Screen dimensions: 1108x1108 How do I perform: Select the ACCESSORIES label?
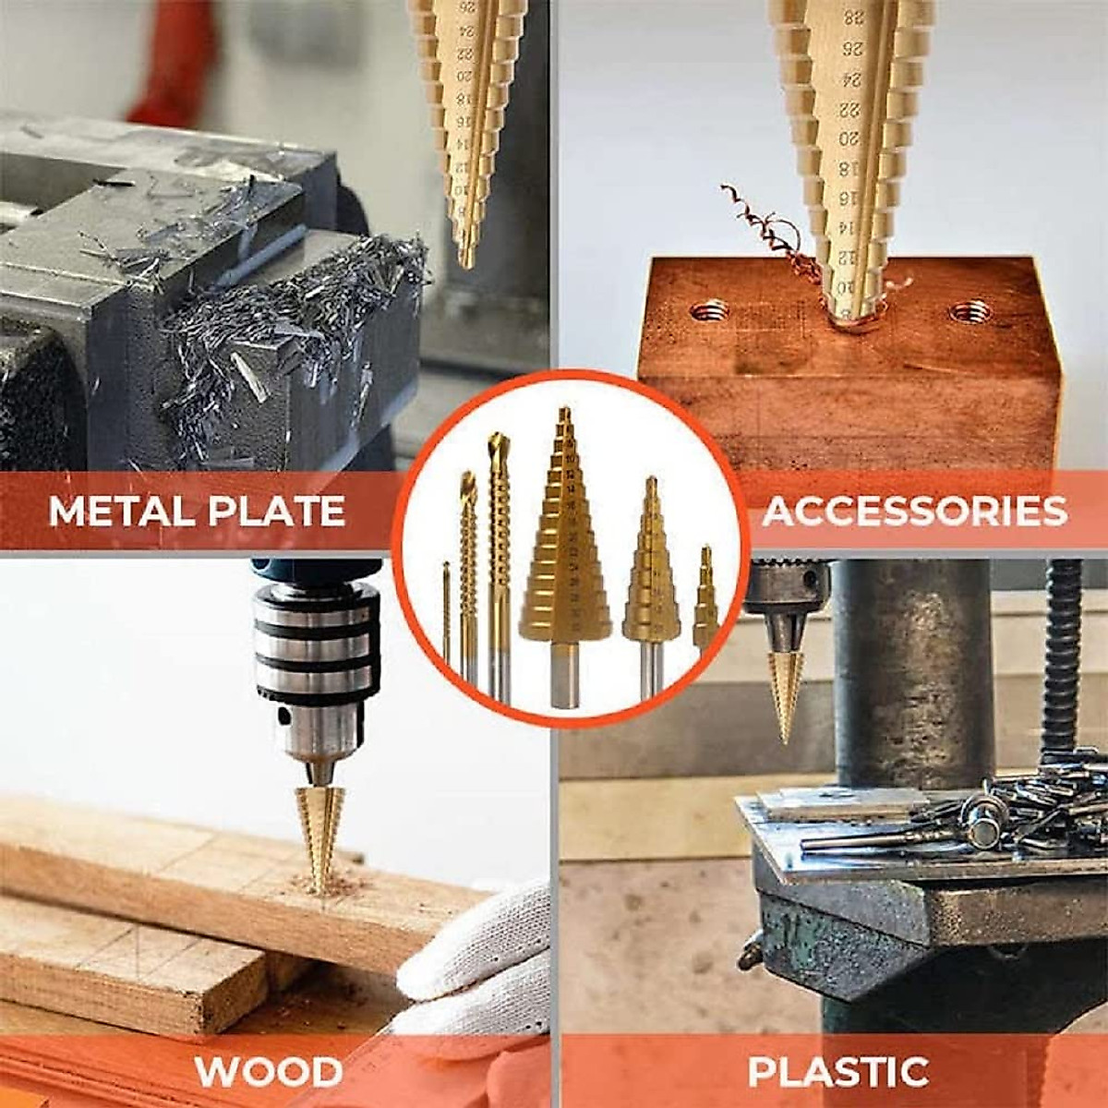914,511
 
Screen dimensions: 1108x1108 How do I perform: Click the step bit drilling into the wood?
320,831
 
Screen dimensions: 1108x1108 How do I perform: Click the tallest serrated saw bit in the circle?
499,563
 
